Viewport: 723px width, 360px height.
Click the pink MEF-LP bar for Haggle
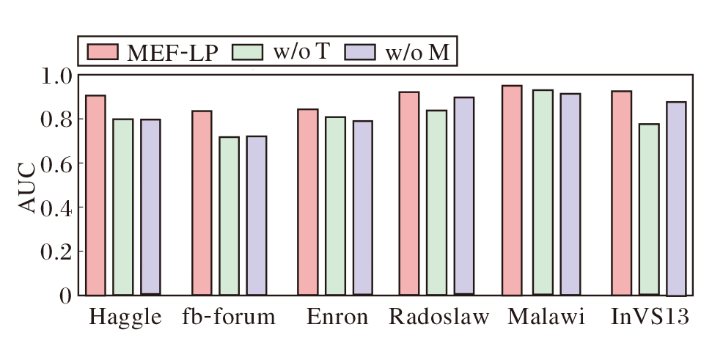[x=95, y=195]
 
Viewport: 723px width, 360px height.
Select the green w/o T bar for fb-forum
[x=229, y=216]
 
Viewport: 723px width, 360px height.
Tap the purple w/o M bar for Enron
[x=362, y=207]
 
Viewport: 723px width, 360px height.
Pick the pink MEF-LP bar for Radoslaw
[x=408, y=193]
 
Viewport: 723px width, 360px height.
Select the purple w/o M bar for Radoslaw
[x=463, y=196]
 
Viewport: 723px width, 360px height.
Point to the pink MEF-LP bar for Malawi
[x=512, y=190]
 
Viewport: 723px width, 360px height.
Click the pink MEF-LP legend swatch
[x=100, y=52]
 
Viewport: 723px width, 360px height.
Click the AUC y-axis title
[x=26, y=185]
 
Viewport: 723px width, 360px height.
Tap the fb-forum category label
[x=229, y=318]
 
